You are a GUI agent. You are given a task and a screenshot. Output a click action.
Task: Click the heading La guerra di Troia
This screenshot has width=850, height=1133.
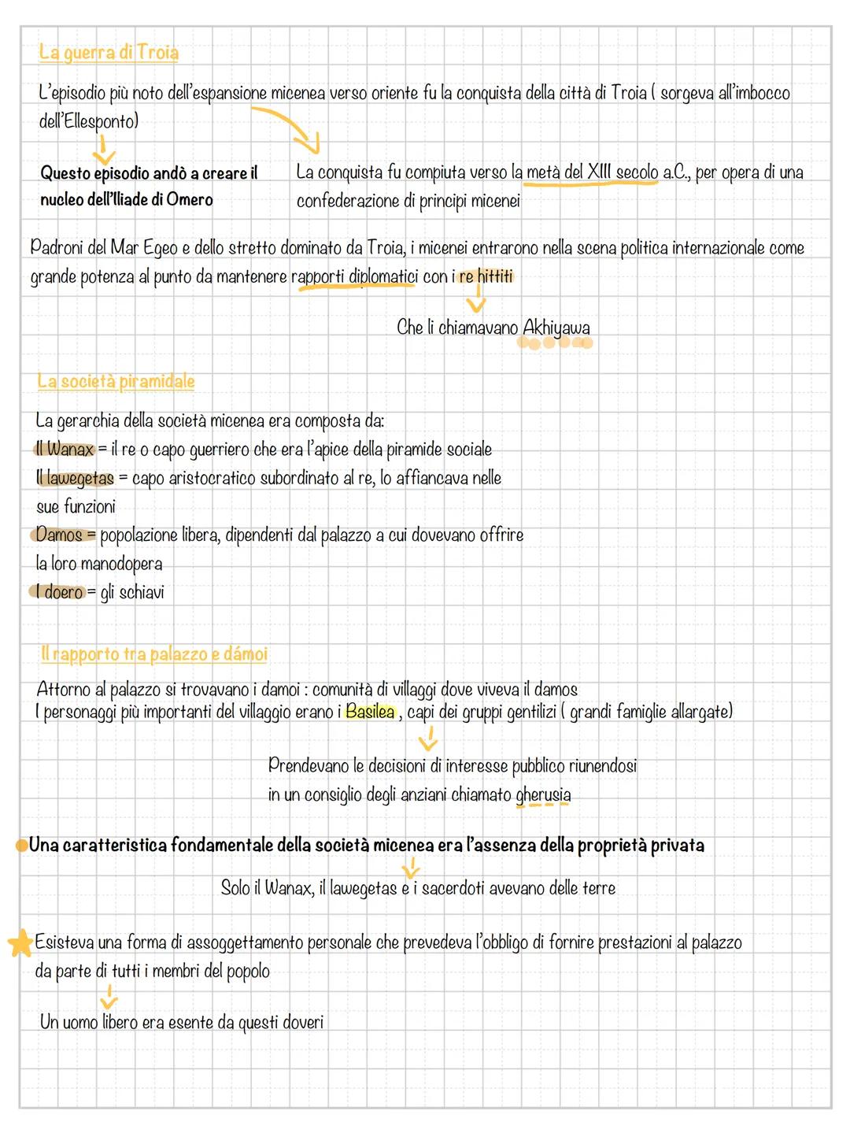point(109,53)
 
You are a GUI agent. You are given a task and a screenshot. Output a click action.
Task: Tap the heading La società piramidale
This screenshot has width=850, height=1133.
point(116,382)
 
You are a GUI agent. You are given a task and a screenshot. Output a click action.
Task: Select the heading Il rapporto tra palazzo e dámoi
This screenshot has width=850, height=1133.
point(154,654)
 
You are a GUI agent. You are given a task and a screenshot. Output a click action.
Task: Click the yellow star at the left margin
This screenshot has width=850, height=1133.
point(20,943)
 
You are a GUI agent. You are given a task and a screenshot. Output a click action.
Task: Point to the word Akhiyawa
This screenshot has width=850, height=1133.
point(556,328)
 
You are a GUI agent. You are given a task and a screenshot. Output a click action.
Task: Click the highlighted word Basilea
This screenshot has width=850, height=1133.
point(370,712)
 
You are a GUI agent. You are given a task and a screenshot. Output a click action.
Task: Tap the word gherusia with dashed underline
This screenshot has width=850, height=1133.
point(543,794)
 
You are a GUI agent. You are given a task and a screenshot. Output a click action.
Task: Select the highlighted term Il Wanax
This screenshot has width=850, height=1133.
point(65,450)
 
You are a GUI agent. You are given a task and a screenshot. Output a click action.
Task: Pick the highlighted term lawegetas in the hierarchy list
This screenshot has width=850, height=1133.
point(80,478)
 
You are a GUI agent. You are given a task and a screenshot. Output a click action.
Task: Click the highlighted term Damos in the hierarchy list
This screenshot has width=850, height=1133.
point(60,535)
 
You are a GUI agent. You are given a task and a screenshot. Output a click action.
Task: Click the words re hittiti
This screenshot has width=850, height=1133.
point(485,277)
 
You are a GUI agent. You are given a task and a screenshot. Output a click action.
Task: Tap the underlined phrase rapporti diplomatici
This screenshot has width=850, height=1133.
point(354,277)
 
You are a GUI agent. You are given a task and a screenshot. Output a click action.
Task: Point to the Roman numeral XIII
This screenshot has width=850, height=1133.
point(600,172)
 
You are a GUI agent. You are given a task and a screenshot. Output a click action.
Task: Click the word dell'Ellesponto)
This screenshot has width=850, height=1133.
point(88,121)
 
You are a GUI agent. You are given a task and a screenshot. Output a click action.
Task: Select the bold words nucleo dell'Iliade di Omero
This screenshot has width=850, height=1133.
point(127,200)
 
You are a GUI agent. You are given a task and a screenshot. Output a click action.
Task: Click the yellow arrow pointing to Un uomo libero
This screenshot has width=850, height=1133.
point(109,997)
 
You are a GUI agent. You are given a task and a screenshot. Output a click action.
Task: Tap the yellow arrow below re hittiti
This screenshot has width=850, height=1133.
point(476,302)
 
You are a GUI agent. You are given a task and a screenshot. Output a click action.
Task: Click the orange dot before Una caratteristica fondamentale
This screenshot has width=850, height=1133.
point(20,846)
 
